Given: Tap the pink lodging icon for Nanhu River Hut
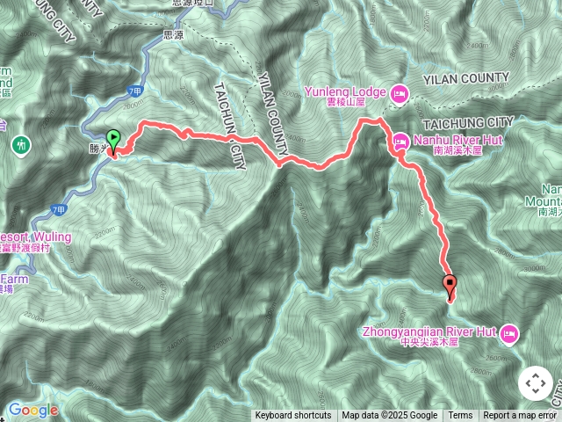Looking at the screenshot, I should point(400,139).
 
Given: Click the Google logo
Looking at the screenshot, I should point(32,410).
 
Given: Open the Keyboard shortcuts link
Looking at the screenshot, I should point(293,416).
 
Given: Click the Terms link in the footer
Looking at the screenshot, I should point(460,416).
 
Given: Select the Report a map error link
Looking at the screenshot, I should point(521,416).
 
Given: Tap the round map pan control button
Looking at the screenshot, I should point(536,383).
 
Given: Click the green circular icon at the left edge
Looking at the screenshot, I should point(19,144).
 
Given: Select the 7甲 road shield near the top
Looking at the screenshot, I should point(134,91).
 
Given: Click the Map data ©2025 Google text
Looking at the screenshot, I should point(390,416).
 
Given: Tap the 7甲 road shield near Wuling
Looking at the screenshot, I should point(59,209).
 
